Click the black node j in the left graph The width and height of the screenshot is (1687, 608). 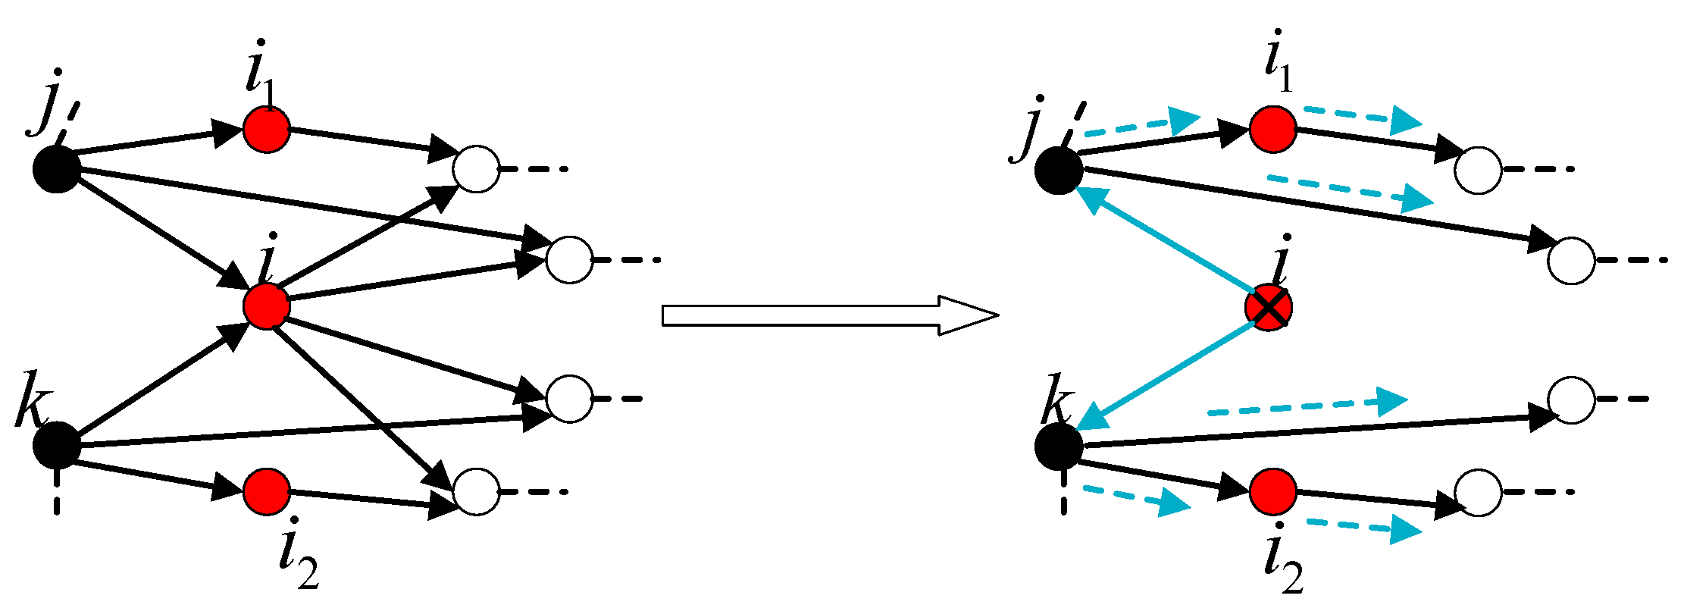pos(57,168)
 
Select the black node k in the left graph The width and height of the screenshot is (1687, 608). pos(57,445)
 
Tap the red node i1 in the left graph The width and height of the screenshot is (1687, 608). pos(267,130)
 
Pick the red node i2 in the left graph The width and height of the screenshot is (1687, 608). pos(267,491)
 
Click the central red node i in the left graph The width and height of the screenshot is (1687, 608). pos(267,306)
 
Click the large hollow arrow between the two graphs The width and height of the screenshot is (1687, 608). pos(830,315)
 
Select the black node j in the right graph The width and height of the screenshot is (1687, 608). pos(1059,170)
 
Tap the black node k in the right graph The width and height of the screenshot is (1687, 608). pos(1059,447)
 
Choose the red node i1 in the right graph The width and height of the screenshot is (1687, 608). pos(1272,130)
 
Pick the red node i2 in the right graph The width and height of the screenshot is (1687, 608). pos(1272,491)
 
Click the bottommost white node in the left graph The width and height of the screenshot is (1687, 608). pos(476,491)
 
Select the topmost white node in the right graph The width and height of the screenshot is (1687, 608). pos(1478,170)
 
